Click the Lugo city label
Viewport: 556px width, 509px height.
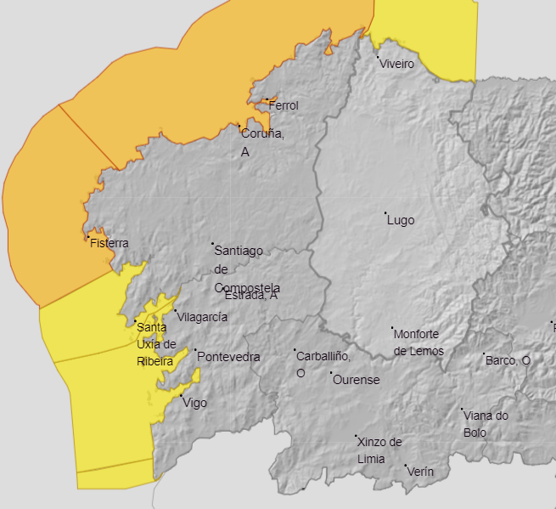click(x=401, y=220)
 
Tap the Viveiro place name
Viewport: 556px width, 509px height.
click(x=397, y=64)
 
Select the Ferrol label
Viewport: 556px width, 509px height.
click(x=284, y=105)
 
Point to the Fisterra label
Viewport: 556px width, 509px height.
click(x=110, y=243)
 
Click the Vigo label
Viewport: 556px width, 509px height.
click(x=194, y=403)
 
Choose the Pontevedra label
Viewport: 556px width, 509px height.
click(x=228, y=357)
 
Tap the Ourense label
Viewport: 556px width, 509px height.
click(x=356, y=380)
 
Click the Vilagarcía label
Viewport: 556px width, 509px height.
click(x=202, y=316)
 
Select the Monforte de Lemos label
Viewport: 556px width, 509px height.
click(x=418, y=342)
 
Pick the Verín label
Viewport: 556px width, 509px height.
click(x=421, y=471)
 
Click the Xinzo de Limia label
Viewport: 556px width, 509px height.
click(x=379, y=450)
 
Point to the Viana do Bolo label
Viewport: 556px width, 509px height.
click(x=486, y=423)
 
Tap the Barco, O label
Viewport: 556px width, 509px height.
click(x=508, y=360)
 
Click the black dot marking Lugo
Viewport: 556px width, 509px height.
click(x=385, y=213)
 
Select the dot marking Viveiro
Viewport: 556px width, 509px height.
click(x=379, y=58)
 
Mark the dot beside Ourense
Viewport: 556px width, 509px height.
click(x=332, y=373)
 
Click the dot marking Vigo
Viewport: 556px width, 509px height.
click(x=182, y=396)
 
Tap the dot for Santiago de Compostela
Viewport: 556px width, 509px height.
click(x=213, y=244)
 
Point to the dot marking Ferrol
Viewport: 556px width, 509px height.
click(x=267, y=100)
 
